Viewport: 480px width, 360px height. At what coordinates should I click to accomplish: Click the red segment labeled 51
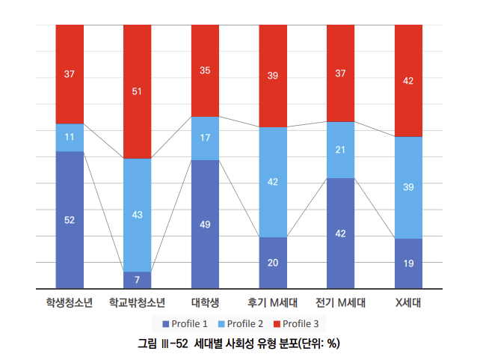[x=137, y=91]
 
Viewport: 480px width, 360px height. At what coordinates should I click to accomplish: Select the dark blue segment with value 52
[x=70, y=219]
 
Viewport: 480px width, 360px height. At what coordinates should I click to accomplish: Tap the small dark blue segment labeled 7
[x=137, y=280]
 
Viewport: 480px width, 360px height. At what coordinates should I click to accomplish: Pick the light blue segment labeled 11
[x=70, y=138]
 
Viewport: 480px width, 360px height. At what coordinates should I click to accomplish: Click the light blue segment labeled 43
[x=137, y=215]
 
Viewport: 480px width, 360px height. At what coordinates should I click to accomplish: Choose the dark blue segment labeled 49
[x=205, y=224]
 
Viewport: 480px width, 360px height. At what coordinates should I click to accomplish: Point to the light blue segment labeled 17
[x=205, y=138]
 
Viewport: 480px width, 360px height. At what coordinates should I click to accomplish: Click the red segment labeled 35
[x=205, y=70]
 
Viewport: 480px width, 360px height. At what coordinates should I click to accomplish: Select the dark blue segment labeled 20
[x=273, y=262]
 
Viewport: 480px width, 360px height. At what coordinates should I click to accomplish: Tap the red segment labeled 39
[x=273, y=76]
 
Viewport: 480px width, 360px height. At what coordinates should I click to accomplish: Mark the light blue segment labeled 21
[x=341, y=150]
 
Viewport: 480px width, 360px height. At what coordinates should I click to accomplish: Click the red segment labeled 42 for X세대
[x=408, y=81]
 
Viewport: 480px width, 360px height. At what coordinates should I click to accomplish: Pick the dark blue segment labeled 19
[x=408, y=263]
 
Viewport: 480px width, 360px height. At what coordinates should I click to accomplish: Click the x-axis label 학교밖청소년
[x=137, y=304]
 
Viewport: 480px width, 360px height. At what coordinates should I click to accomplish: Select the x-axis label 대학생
[x=205, y=304]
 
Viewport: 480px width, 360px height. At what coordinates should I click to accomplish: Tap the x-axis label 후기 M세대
[x=273, y=304]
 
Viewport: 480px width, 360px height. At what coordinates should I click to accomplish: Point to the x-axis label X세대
[x=408, y=304]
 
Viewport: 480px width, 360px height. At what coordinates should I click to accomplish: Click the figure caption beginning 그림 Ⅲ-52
[x=239, y=344]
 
